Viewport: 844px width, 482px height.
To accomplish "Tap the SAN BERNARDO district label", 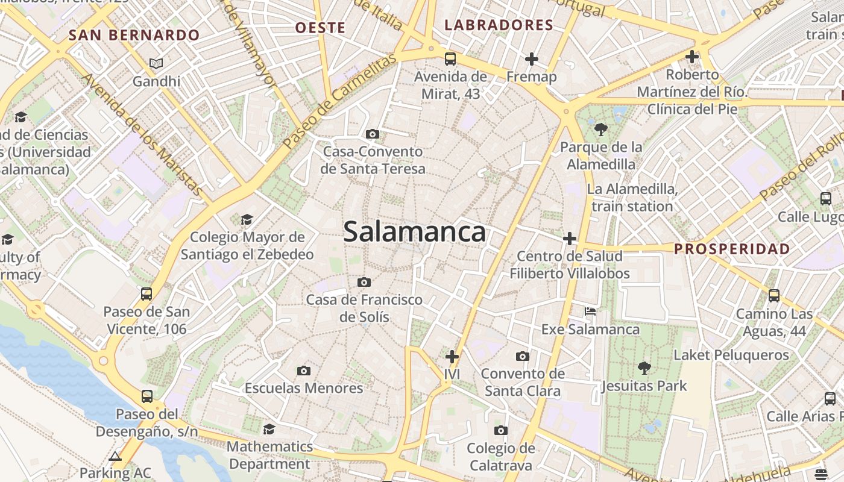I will pyautogui.click(x=134, y=35).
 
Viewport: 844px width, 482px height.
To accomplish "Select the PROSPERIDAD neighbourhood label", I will pyautogui.click(x=732, y=249).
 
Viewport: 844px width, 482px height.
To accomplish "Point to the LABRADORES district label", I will pyautogui.click(x=499, y=25).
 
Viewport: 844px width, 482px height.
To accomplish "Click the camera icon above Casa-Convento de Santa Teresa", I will pyautogui.click(x=373, y=134).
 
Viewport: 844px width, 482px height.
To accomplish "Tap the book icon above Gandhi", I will pyautogui.click(x=156, y=63).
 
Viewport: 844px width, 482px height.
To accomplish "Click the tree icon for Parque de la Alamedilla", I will pyautogui.click(x=600, y=129).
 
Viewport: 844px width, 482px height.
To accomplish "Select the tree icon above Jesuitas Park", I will pyautogui.click(x=644, y=368).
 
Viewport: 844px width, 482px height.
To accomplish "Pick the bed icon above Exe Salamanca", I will pyautogui.click(x=590, y=311).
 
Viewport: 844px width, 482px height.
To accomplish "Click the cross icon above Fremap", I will pyautogui.click(x=531, y=59).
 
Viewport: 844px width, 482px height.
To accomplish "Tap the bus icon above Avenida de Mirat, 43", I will pyautogui.click(x=450, y=59).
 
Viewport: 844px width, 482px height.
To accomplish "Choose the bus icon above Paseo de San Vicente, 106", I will pyautogui.click(x=146, y=294).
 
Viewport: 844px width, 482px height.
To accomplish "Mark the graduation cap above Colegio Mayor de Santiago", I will pyautogui.click(x=247, y=219).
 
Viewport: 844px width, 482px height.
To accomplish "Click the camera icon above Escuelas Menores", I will pyautogui.click(x=304, y=371).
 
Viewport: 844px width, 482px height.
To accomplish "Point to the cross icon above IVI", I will pyautogui.click(x=452, y=356).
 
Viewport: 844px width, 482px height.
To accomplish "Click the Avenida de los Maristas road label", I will pyautogui.click(x=142, y=134).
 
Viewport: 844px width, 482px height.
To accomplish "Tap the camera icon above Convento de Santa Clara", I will pyautogui.click(x=523, y=356).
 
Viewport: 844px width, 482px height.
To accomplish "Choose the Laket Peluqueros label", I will pyautogui.click(x=731, y=355).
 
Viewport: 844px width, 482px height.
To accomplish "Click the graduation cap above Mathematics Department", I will pyautogui.click(x=269, y=429).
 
